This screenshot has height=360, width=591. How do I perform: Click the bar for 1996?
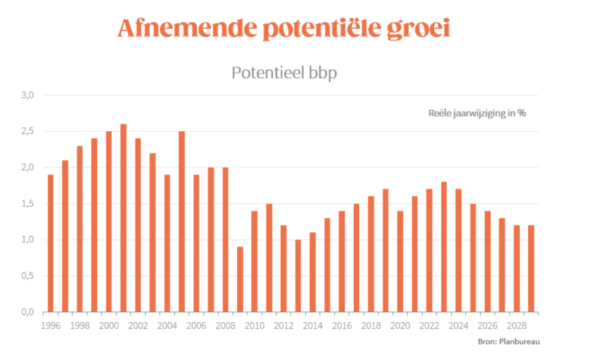[50, 243]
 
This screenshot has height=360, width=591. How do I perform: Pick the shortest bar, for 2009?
[240, 280]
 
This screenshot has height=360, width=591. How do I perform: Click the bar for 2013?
[299, 276]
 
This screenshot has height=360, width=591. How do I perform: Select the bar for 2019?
[386, 251]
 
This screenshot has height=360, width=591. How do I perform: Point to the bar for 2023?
[444, 247]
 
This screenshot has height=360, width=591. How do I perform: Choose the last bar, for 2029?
[531, 269]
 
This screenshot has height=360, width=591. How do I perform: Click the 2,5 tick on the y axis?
[29, 132]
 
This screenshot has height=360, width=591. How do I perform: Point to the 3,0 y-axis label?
[29, 95]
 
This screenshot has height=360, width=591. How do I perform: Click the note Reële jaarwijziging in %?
[477, 113]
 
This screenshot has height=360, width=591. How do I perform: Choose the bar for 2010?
[255, 261]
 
